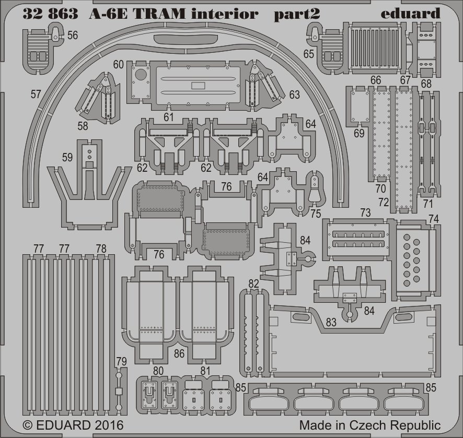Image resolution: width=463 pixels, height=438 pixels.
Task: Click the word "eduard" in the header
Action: pos(410,14)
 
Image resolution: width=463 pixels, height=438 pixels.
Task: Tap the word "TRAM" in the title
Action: pos(156,14)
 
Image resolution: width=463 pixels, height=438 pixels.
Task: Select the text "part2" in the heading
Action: pos(297,14)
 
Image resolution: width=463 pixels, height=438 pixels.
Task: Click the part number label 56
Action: pos(73,35)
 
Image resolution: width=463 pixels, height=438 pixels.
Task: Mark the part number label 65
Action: pos(308,53)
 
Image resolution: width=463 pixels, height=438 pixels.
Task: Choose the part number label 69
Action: pos(359,133)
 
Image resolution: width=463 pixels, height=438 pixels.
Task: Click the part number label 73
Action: pos(365,212)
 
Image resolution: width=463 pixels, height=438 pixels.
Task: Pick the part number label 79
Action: pos(121,361)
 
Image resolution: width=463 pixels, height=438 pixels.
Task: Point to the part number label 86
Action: pos(179,354)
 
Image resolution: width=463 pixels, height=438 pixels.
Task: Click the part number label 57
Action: pos(36,94)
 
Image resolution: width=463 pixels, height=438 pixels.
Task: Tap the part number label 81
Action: pos(205,372)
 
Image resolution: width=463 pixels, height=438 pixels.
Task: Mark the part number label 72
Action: pos(384,201)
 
